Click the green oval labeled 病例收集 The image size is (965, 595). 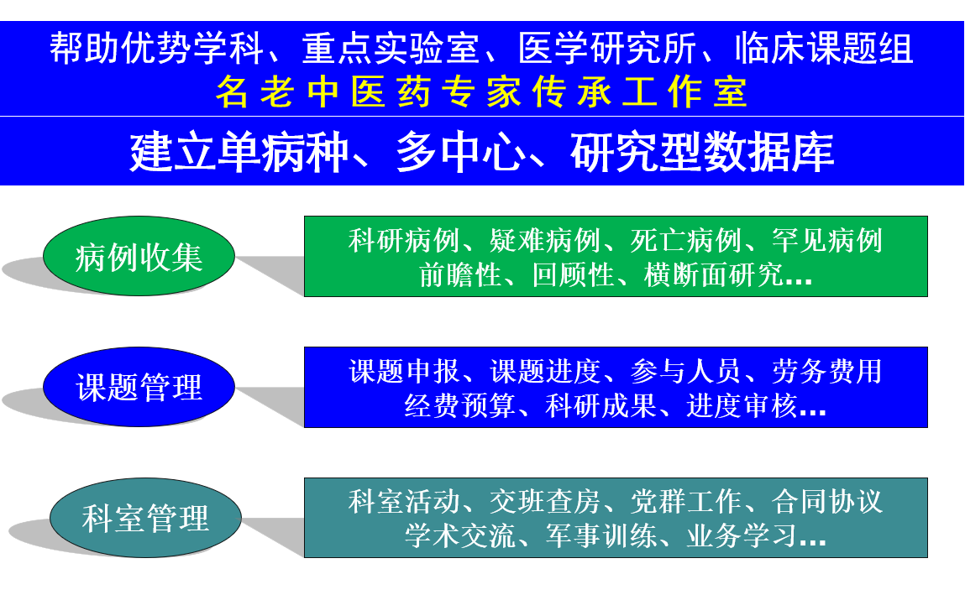pos(139,256)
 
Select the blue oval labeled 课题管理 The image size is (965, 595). pos(139,387)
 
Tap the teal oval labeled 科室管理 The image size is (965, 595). pos(145,518)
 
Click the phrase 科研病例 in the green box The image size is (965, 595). pos(404,240)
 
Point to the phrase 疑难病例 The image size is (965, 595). pos(545,240)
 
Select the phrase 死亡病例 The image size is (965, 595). pos(685,240)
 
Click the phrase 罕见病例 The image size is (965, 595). pos(827,240)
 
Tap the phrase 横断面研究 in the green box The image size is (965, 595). pos(713,274)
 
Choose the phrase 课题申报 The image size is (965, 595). pos(404,371)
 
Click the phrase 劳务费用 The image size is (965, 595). pos(827,371)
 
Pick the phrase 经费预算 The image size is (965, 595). pos(459,405)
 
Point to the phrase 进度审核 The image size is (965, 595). pos(742,405)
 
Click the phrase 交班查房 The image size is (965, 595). pos(545,502)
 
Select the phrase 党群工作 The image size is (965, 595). pos(685,502)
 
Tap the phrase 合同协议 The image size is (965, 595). pos(827,502)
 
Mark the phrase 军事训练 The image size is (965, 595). pos(601,536)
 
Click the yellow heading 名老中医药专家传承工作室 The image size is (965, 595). pos(482,92)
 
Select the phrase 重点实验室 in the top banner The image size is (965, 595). pos(391,49)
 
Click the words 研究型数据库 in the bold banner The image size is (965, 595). pos(702,152)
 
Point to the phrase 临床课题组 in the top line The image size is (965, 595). pos(824,49)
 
